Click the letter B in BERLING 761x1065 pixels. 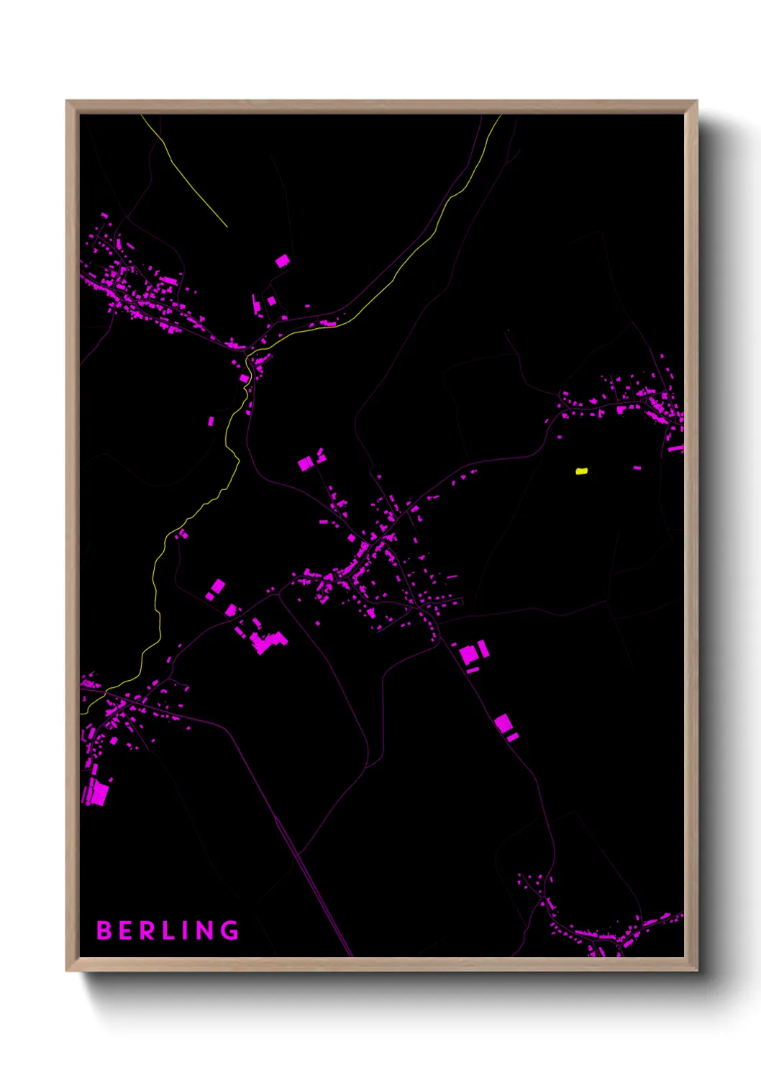104,930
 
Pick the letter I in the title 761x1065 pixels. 186,930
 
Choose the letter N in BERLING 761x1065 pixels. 205,930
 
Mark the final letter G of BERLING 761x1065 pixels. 230,930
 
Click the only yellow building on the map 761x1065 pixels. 581,471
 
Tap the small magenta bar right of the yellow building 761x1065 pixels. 637,468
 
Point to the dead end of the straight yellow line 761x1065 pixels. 227,227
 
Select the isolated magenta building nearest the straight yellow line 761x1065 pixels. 283,260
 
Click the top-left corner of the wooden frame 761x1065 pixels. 67,101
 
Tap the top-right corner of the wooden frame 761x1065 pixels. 696,101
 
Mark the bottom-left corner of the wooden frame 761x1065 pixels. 67,971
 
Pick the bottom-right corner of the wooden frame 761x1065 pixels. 696,971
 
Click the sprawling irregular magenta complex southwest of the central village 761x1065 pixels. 268,641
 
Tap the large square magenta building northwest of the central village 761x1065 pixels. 306,463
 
